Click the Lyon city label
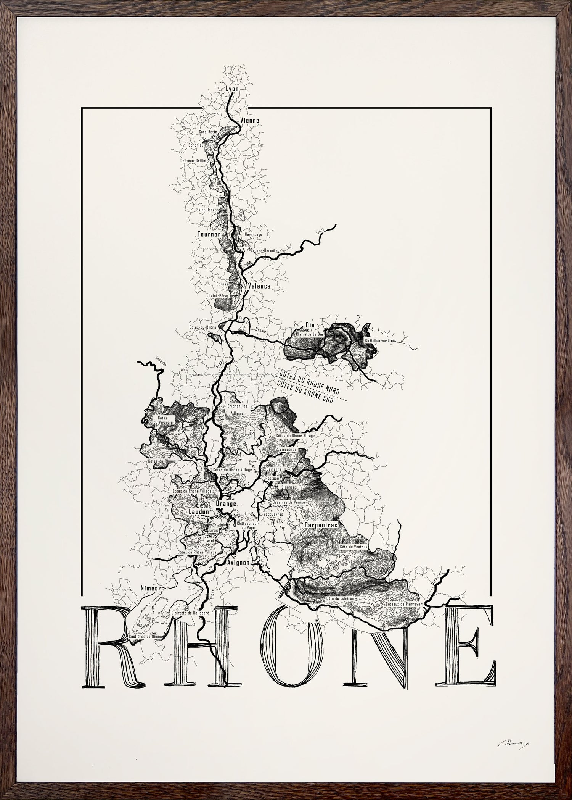232,89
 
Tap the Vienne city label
250,121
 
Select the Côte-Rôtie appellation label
208,132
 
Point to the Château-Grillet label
193,161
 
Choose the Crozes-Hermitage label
266,250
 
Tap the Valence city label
259,286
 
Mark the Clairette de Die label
309,334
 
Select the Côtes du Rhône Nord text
309,383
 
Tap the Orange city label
227,503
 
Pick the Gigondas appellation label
289,487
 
